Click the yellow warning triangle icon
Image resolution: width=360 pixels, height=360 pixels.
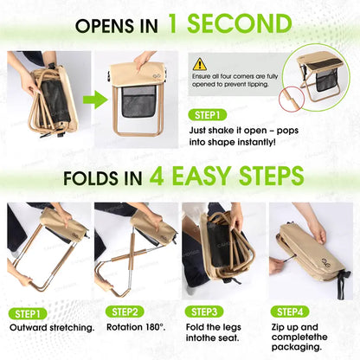coord(200,63)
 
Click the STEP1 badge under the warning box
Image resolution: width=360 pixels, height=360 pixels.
coord(210,113)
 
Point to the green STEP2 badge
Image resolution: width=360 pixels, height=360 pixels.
coord(124,312)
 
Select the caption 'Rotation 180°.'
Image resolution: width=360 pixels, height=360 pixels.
coord(134,328)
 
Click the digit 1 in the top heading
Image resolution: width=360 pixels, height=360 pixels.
coord(177,22)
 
